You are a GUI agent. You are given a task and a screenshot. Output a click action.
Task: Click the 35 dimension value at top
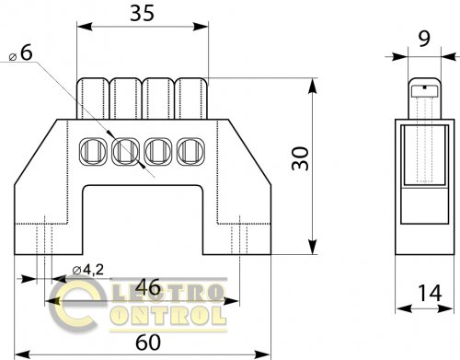click(x=142, y=14)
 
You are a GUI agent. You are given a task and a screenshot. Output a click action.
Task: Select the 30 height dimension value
click(x=301, y=158)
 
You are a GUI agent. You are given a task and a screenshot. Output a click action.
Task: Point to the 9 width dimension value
click(x=424, y=39)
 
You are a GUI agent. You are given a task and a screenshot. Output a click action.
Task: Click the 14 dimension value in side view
click(x=430, y=293)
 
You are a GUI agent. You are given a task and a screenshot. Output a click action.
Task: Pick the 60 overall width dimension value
click(x=148, y=343)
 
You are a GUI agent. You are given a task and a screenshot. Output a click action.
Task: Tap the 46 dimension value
click(x=148, y=287)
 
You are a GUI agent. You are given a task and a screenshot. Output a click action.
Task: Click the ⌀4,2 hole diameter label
click(x=88, y=270)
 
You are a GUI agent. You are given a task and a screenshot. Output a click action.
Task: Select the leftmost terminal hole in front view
click(x=93, y=151)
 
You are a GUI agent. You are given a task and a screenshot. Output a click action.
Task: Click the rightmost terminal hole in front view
click(x=190, y=151)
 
